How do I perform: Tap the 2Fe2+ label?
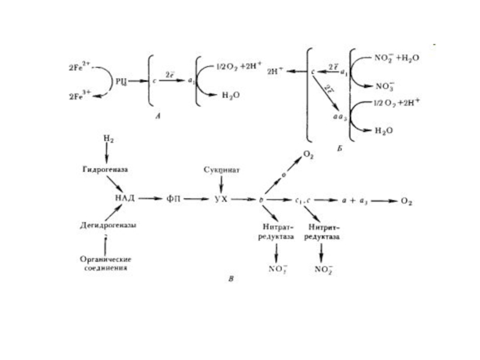(x=79, y=67)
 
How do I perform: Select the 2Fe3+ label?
(x=79, y=95)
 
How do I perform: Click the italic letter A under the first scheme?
(x=157, y=117)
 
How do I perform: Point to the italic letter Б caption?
(x=339, y=147)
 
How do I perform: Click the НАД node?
(x=124, y=199)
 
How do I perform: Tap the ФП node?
(x=173, y=199)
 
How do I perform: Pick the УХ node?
(x=221, y=199)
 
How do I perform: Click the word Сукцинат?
(x=222, y=170)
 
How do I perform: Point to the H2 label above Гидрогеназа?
(x=108, y=139)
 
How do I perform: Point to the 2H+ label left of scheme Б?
(x=275, y=71)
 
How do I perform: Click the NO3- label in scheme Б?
(x=385, y=85)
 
